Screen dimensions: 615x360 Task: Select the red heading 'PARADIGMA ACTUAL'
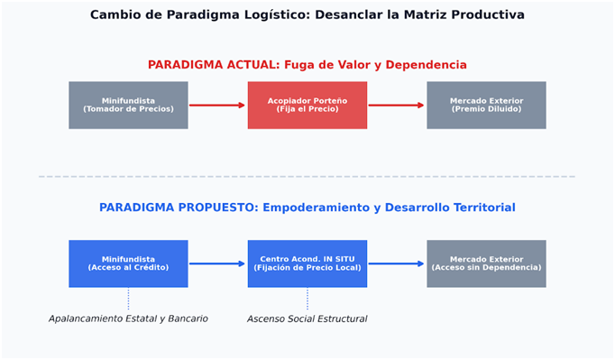tap(213, 65)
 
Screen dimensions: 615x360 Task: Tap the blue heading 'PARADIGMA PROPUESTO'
tap(178, 208)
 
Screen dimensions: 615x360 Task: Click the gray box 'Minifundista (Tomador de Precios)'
tap(128, 106)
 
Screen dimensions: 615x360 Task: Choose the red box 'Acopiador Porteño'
tap(307, 106)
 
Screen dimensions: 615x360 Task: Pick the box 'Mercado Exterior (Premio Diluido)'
tap(486, 106)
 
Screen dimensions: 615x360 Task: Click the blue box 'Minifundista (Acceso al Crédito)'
tap(128, 263)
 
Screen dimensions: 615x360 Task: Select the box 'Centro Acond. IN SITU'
tap(307, 263)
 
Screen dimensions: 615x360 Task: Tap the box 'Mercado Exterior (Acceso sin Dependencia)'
tap(486, 263)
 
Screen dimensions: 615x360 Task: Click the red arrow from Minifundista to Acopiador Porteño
tap(217, 106)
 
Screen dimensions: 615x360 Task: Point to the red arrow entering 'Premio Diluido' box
tap(397, 106)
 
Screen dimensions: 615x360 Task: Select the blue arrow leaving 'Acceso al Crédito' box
tap(217, 263)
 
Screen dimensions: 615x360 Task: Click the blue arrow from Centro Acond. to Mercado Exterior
tap(397, 263)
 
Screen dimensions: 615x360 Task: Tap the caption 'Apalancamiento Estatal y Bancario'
tap(128, 318)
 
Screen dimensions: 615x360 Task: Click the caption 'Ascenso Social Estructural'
tap(307, 318)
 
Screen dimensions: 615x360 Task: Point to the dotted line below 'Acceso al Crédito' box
tap(128, 299)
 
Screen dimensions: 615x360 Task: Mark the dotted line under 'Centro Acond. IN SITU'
tap(307, 299)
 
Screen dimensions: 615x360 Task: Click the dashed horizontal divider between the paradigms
tap(307, 177)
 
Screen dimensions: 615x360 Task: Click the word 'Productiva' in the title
tap(488, 15)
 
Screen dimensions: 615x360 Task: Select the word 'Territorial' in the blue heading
tap(484, 208)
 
